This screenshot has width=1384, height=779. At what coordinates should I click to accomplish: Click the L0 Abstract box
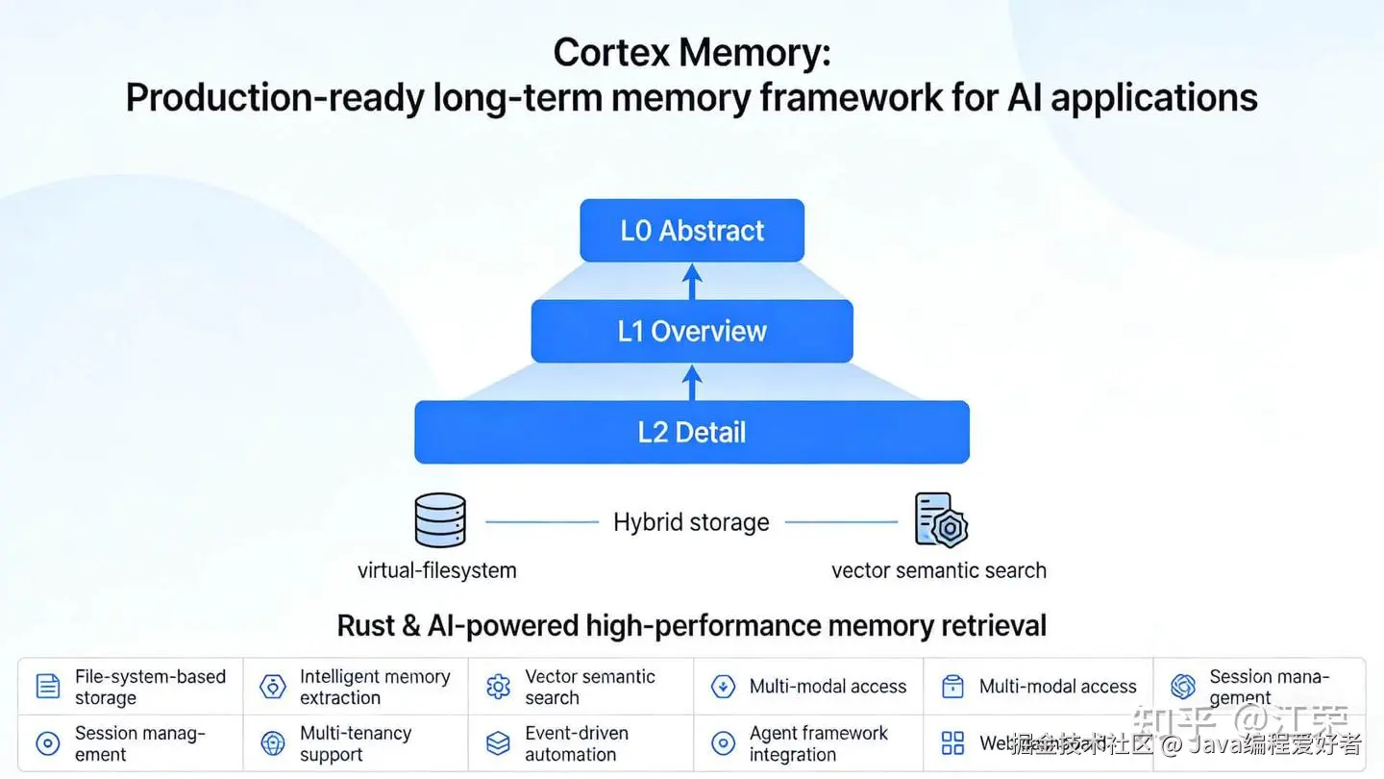pos(692,231)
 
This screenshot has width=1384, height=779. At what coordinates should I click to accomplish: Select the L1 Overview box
pos(692,331)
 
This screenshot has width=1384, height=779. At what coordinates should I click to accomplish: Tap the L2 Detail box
pos(692,432)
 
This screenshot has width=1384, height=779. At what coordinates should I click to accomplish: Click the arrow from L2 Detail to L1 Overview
pos(692,382)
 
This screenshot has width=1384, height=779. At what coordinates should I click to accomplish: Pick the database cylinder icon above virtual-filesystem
pos(440,520)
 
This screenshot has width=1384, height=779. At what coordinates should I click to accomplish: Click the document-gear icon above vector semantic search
pos(941,520)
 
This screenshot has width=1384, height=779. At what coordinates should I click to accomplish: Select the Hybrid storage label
pos(691,522)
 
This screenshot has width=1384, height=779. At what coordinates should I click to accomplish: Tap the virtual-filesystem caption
pos(436,570)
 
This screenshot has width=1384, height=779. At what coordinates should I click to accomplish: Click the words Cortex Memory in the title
pos(691,53)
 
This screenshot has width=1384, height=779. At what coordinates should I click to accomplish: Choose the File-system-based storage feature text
pos(150,687)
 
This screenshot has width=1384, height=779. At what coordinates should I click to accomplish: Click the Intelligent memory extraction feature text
pos(375,687)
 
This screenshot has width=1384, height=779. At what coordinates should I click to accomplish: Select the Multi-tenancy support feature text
pos(356,743)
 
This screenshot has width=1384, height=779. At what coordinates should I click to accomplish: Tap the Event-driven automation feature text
pos(577,743)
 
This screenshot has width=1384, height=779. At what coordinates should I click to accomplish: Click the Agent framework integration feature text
pos(819,743)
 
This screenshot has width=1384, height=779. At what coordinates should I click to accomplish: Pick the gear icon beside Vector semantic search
pos(498,687)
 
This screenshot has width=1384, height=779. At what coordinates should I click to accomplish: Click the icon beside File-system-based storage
pos(48,687)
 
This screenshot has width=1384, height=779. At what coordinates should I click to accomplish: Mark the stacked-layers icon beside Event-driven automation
pos(498,743)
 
